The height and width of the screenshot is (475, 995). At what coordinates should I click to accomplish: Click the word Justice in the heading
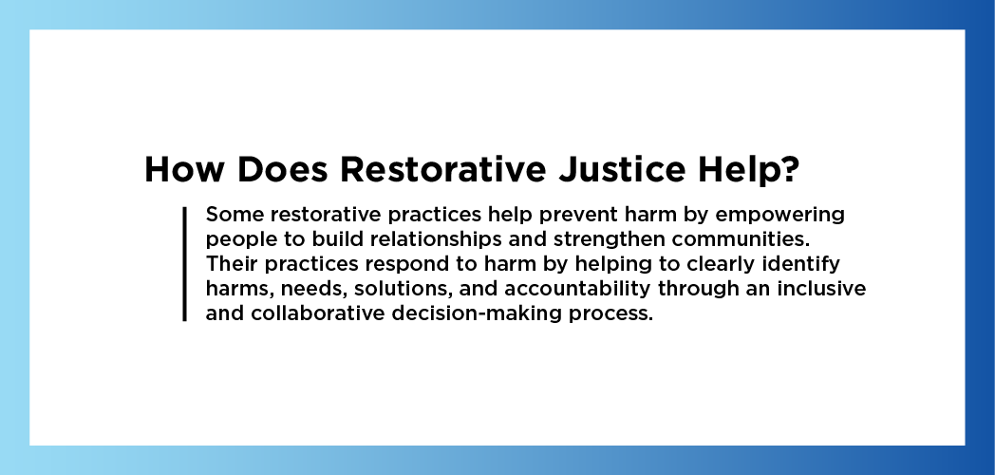tap(622, 169)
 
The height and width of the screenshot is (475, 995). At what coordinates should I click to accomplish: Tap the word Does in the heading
tap(282, 169)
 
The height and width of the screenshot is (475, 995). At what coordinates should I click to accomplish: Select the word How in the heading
tap(184, 169)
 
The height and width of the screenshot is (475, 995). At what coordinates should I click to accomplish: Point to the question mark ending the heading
tap(789, 169)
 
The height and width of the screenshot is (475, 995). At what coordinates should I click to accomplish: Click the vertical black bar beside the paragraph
tap(184, 263)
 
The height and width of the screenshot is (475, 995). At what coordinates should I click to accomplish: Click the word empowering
tap(779, 216)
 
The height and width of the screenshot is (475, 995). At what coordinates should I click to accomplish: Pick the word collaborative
tap(318, 313)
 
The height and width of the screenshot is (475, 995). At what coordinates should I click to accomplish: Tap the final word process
tap(610, 314)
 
